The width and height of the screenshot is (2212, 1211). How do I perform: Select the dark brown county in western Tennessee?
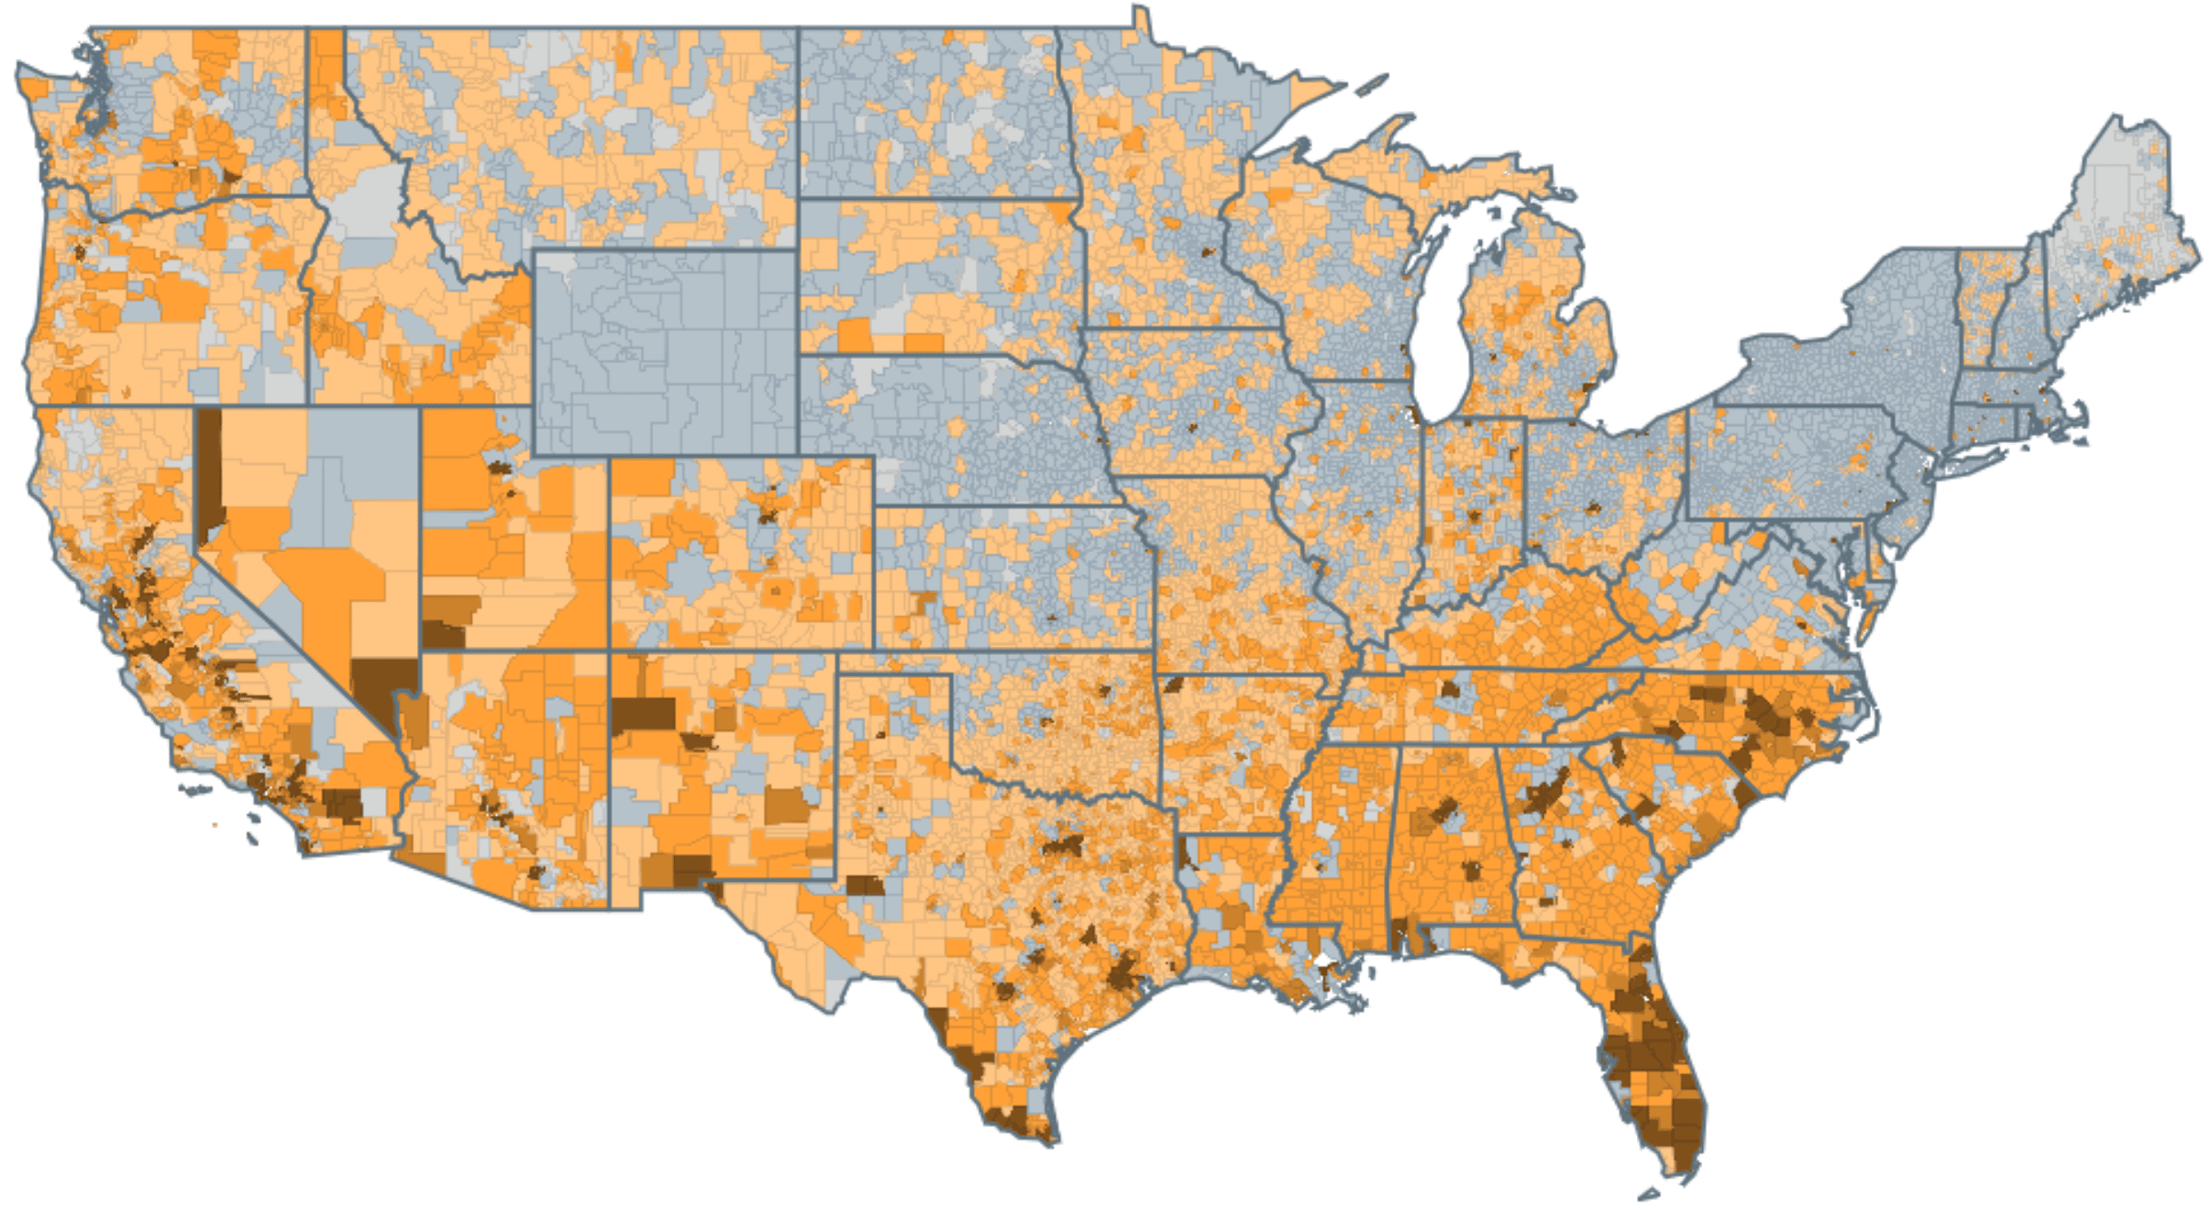(1450, 688)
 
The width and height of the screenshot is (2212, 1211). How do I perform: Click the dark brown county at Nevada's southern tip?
(381, 688)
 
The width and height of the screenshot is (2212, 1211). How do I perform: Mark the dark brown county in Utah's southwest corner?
(443, 634)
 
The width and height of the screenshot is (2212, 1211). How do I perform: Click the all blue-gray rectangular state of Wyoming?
(665, 353)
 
